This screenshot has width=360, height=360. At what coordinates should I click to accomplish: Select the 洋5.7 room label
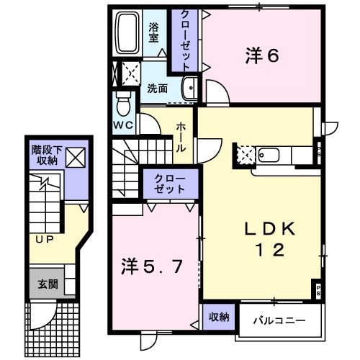point(155,266)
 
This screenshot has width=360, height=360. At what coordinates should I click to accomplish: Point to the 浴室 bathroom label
point(153,32)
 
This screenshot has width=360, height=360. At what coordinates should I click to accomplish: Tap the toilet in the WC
point(123,104)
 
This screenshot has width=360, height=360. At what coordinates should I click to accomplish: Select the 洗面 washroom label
point(158,89)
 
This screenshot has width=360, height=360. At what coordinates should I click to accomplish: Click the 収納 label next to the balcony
point(219,317)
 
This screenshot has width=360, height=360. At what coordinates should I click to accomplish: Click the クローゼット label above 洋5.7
point(168,183)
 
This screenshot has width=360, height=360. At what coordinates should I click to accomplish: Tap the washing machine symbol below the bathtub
point(130,71)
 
